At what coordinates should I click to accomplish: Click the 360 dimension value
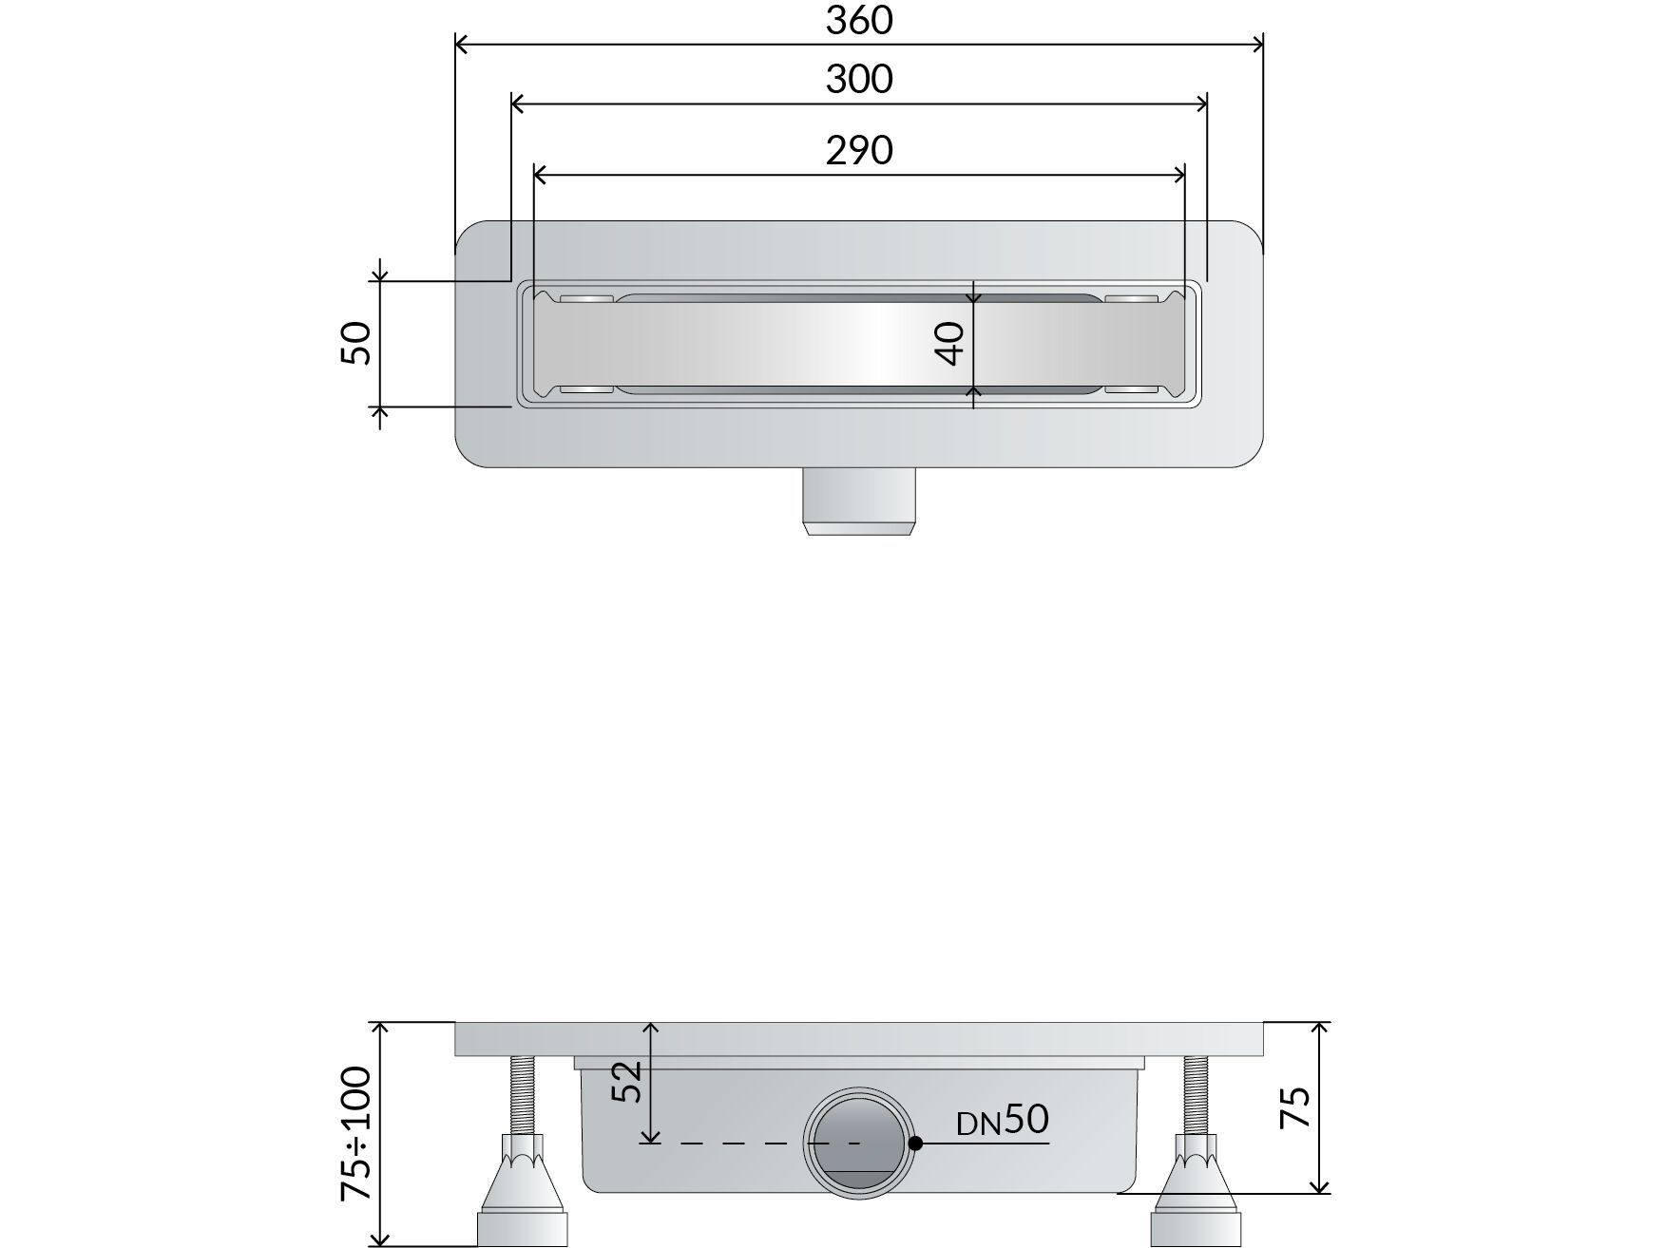pos(859,20)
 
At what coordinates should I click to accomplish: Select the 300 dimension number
pos(859,79)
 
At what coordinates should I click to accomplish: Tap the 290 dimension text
pos(859,150)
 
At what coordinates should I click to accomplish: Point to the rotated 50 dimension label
pos(356,343)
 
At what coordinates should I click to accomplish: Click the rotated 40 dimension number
pos(950,343)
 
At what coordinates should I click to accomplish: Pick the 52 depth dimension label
pos(628,1081)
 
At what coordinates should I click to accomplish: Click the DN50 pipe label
pos(1003,1121)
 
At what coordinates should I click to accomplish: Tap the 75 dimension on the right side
pos(1296,1106)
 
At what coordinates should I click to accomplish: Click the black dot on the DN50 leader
pos(915,1144)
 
